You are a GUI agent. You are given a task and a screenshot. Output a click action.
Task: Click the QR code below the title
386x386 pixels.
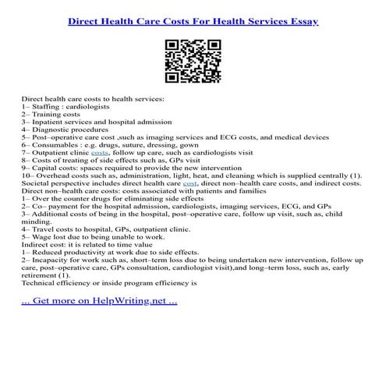(x=192, y=62)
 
